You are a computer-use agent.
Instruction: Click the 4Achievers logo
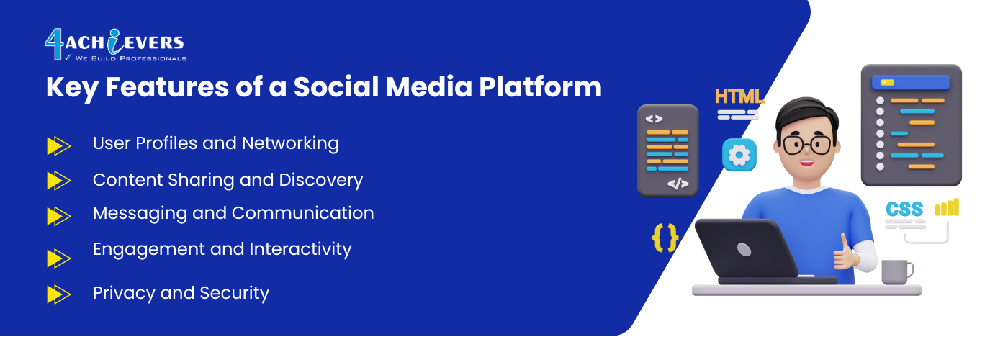(x=116, y=45)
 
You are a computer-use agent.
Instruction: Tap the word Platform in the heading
(x=540, y=87)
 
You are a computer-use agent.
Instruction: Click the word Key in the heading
(x=72, y=88)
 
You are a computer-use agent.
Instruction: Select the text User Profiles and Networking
(x=215, y=143)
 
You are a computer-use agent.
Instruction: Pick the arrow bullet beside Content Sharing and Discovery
(x=59, y=181)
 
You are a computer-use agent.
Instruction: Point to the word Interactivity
(x=300, y=249)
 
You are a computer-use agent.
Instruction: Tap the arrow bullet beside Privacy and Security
(x=59, y=294)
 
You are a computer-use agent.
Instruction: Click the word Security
(x=234, y=294)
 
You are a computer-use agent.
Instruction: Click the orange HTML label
(x=739, y=96)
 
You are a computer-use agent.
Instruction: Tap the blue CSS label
(x=904, y=210)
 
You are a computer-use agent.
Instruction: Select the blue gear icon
(x=739, y=156)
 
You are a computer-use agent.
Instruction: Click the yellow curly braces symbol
(x=665, y=238)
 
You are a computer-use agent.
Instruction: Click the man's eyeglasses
(x=807, y=145)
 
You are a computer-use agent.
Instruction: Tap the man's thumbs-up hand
(x=845, y=253)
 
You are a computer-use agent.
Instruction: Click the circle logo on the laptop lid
(x=744, y=249)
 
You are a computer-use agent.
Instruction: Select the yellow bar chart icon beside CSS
(x=947, y=207)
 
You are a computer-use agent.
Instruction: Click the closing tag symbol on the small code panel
(x=678, y=184)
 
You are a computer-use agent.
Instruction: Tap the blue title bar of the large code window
(x=911, y=83)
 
